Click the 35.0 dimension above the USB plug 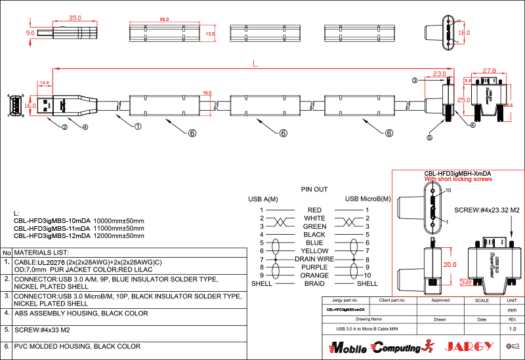click(x=75, y=18)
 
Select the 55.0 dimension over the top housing click(x=164, y=20)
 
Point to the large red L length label click(x=255, y=64)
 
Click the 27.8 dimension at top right click(x=489, y=70)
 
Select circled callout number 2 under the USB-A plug click(x=64, y=127)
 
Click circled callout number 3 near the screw click(x=415, y=81)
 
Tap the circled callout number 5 click(x=430, y=138)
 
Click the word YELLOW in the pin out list click(x=314, y=251)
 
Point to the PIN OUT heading click(x=314, y=189)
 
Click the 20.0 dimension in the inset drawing click(x=448, y=264)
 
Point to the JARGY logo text click(x=465, y=346)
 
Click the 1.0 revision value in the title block click(x=513, y=329)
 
